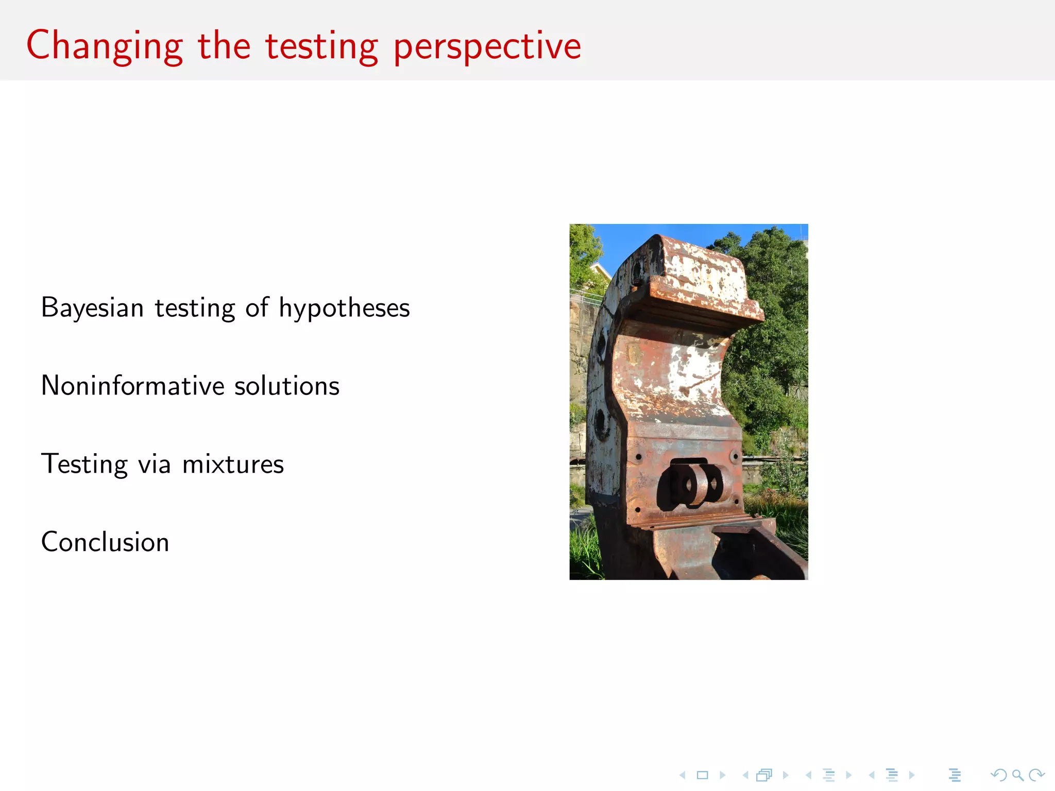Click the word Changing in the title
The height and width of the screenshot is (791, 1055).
(105, 47)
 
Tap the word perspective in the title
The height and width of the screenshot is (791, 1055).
(487, 47)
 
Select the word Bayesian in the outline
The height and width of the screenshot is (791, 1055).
(92, 308)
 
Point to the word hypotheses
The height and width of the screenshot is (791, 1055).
(344, 308)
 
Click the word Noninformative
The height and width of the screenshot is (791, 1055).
(133, 386)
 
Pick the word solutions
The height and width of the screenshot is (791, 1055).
(287, 386)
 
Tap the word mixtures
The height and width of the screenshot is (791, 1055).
(233, 464)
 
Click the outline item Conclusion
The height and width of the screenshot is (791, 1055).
(105, 542)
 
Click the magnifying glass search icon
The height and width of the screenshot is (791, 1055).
(1017, 775)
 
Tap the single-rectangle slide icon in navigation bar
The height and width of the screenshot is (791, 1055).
(703, 775)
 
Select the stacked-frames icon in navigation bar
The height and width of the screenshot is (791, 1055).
(764, 775)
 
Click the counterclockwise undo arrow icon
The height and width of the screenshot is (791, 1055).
(998, 775)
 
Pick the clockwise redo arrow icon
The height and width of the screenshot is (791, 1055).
(1036, 775)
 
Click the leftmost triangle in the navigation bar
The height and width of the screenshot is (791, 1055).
(683, 775)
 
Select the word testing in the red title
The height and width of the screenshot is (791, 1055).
(321, 47)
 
